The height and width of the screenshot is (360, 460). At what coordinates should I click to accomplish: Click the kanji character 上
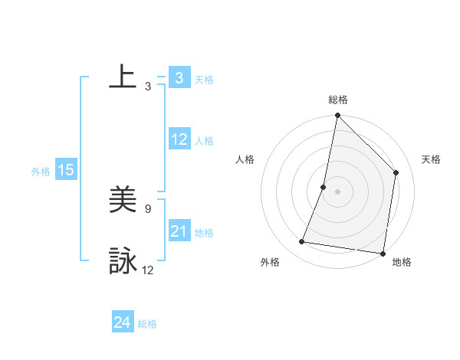pyautogui.click(x=123, y=77)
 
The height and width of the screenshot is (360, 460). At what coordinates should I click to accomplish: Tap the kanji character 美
pyautogui.click(x=123, y=201)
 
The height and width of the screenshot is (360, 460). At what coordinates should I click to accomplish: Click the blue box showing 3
pyautogui.click(x=179, y=77)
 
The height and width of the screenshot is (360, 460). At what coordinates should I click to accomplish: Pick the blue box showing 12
pyautogui.click(x=179, y=140)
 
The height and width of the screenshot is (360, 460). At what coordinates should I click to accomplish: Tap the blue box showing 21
pyautogui.click(x=179, y=231)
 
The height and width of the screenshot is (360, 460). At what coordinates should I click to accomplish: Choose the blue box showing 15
pyautogui.click(x=66, y=171)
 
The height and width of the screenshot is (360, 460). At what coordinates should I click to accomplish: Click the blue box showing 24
pyautogui.click(x=123, y=323)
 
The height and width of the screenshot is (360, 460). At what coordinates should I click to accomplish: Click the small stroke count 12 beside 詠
pyautogui.click(x=148, y=270)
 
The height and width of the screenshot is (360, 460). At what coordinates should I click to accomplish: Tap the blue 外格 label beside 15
pyautogui.click(x=41, y=172)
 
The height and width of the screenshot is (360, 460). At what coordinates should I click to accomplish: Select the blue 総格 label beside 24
pyautogui.click(x=147, y=324)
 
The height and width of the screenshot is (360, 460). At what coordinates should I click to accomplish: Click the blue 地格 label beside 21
pyautogui.click(x=204, y=233)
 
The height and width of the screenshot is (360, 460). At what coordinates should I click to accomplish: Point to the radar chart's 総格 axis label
pyautogui.click(x=337, y=100)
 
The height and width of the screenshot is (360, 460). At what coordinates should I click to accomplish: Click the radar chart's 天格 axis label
pyautogui.click(x=431, y=159)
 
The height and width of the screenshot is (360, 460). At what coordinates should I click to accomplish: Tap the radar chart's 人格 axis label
pyautogui.click(x=245, y=159)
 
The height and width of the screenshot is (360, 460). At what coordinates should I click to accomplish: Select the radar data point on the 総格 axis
pyautogui.click(x=337, y=116)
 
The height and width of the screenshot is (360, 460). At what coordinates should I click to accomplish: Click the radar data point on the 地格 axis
pyautogui.click(x=383, y=253)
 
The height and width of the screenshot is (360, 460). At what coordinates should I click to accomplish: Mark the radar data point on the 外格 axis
pyautogui.click(x=302, y=242)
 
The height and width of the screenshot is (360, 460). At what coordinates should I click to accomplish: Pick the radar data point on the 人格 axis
pyautogui.click(x=324, y=187)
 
